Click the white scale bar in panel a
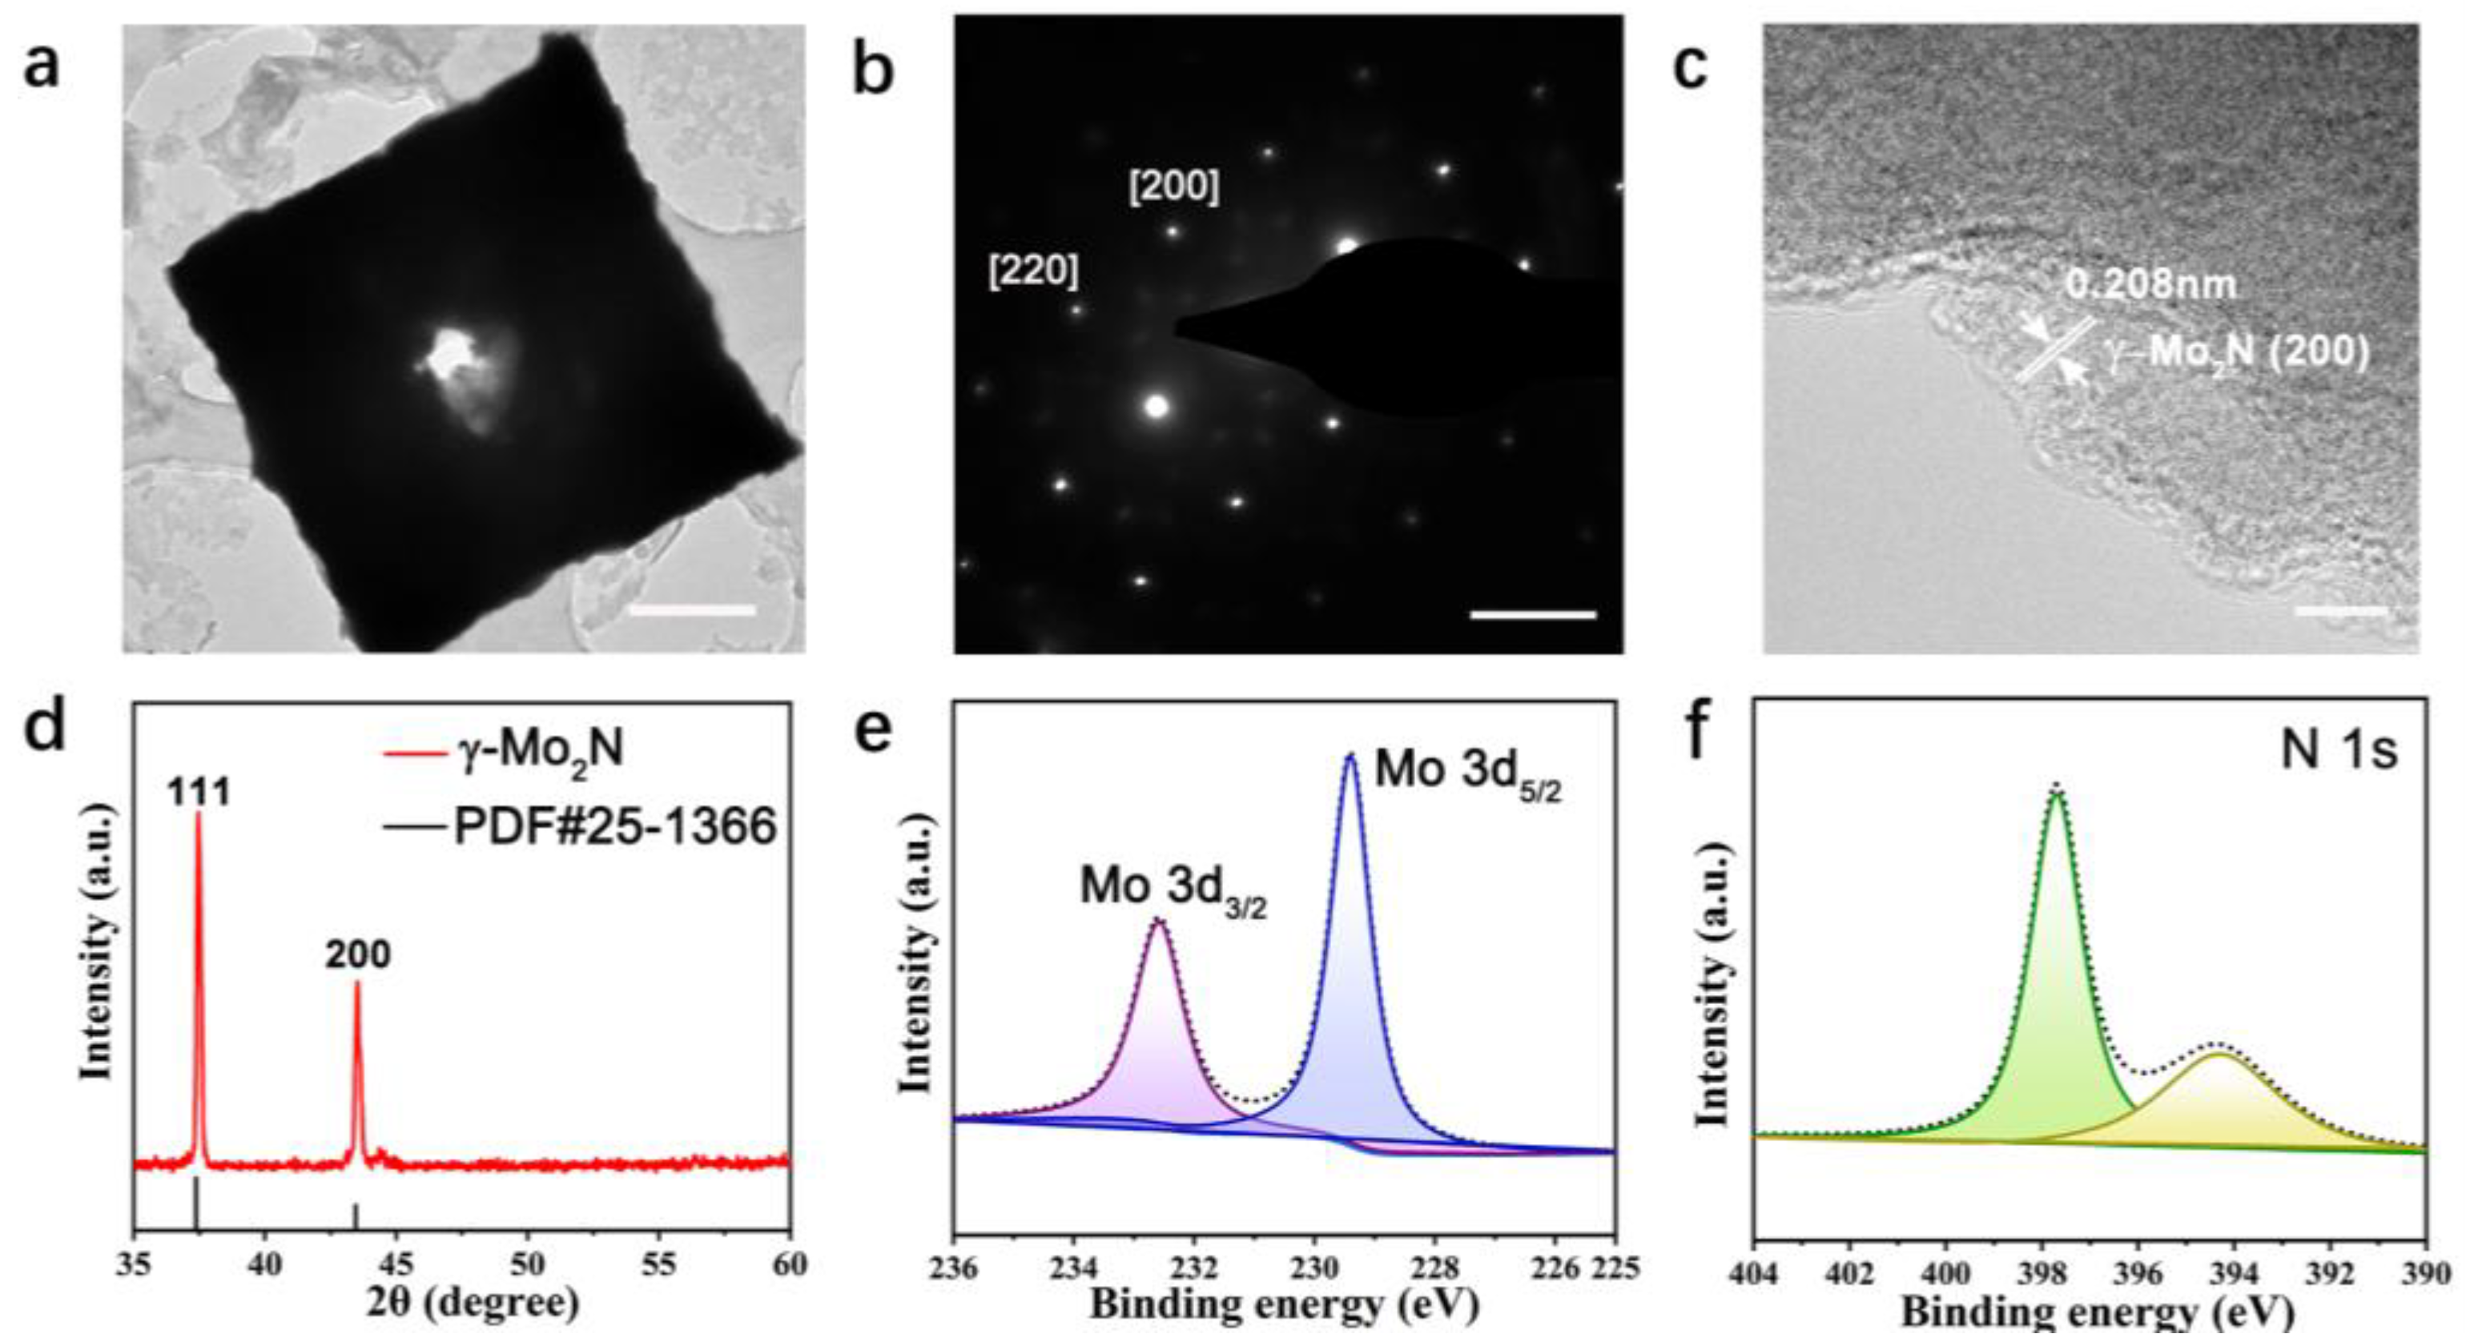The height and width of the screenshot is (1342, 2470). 691,609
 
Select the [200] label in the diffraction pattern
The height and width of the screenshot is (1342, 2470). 1173,187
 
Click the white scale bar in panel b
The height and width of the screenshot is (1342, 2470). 1532,614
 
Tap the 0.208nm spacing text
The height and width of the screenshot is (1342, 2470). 2150,285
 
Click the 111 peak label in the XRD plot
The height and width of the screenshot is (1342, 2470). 199,792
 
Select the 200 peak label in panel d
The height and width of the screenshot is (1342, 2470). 358,954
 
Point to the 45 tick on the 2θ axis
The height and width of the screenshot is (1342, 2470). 397,1265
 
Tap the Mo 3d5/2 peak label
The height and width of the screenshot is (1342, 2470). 1468,773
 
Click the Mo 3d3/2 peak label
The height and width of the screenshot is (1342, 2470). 1173,886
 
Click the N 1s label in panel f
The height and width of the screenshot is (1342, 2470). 2338,749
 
